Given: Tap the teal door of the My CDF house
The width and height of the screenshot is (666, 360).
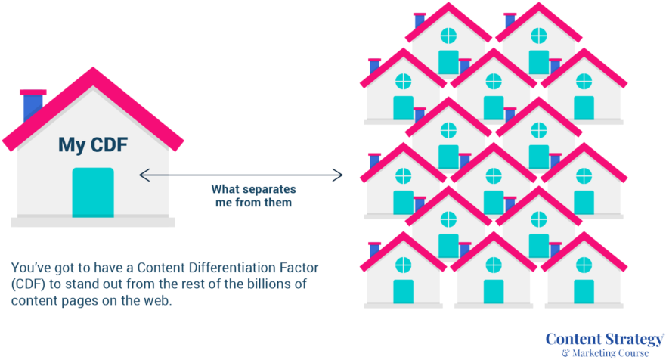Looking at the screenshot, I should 92,192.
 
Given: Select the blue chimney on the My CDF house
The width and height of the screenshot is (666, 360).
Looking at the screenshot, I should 32,105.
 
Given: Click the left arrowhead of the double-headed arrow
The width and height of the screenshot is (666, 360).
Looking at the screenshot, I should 142,175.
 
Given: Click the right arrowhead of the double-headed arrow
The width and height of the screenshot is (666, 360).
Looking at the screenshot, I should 340,175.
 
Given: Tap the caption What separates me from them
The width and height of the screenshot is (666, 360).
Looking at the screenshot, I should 252,195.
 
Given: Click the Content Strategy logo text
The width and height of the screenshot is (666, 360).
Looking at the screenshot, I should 604,338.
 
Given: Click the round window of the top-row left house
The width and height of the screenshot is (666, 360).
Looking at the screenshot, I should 448,34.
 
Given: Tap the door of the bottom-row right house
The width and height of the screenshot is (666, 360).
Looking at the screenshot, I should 584,292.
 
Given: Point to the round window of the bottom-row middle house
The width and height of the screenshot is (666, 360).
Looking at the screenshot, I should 494,265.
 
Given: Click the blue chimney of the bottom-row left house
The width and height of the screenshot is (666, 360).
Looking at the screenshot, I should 373,250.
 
